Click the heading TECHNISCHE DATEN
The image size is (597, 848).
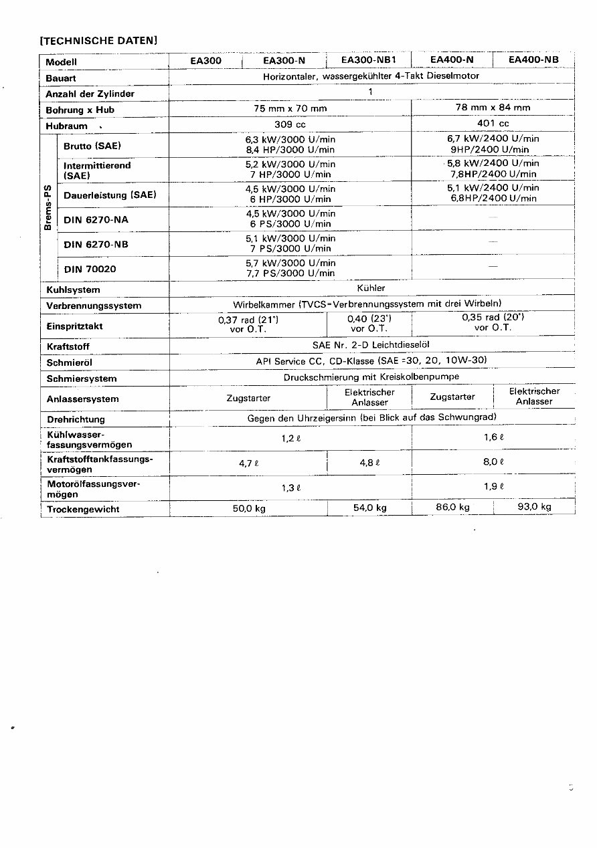pyautogui.click(x=99, y=40)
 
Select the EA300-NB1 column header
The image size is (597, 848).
pyautogui.click(x=369, y=60)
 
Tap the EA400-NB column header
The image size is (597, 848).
pyautogui.click(x=533, y=60)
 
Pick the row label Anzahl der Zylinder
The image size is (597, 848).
pyautogui.click(x=90, y=94)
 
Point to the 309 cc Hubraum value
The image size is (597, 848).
pyautogui.click(x=290, y=124)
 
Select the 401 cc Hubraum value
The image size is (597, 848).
pyautogui.click(x=493, y=124)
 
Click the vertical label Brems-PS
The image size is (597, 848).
pyautogui.click(x=48, y=207)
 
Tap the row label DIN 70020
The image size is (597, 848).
pyautogui.click(x=90, y=269)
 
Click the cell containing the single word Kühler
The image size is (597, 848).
pyautogui.click(x=371, y=288)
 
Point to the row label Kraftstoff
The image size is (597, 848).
pyautogui.click(x=68, y=346)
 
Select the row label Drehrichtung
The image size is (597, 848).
pyautogui.click(x=76, y=419)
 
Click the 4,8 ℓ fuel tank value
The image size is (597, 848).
pyautogui.click(x=369, y=462)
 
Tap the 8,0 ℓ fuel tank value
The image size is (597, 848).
pyautogui.click(x=493, y=461)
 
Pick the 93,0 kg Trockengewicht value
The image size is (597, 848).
pyautogui.click(x=534, y=507)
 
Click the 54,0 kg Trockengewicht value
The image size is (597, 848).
pyautogui.click(x=370, y=508)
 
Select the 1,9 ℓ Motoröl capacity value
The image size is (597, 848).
pyautogui.click(x=493, y=487)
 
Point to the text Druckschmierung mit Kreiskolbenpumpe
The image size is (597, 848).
pyautogui.click(x=371, y=377)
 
